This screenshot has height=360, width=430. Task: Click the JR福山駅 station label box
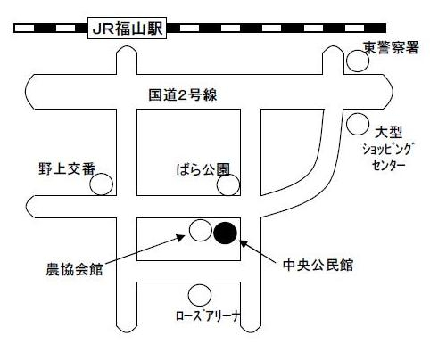pyautogui.click(x=127, y=29)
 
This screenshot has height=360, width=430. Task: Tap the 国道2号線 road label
pyautogui.click(x=183, y=95)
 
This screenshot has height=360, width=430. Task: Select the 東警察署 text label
pyautogui.click(x=392, y=47)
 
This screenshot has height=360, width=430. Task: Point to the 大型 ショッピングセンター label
pyautogui.click(x=388, y=149)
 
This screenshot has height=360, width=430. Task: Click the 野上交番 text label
pyautogui.click(x=67, y=168)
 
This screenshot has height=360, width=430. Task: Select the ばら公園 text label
pyautogui.click(x=203, y=169)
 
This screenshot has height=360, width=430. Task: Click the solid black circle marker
pyautogui.click(x=225, y=233)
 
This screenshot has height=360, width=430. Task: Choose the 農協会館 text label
pyautogui.click(x=74, y=269)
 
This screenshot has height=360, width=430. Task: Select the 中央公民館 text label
pyautogui.click(x=318, y=265)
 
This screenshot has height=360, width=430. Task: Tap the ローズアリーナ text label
pyautogui.click(x=208, y=315)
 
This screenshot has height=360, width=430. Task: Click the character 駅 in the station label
pyautogui.click(x=155, y=29)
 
